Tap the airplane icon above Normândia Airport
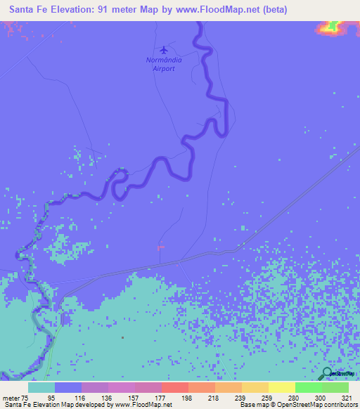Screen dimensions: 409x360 165,49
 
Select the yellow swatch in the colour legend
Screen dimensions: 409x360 281,387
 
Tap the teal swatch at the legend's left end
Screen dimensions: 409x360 41,387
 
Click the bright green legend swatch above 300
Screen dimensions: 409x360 308,387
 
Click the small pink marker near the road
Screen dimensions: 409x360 160,247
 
